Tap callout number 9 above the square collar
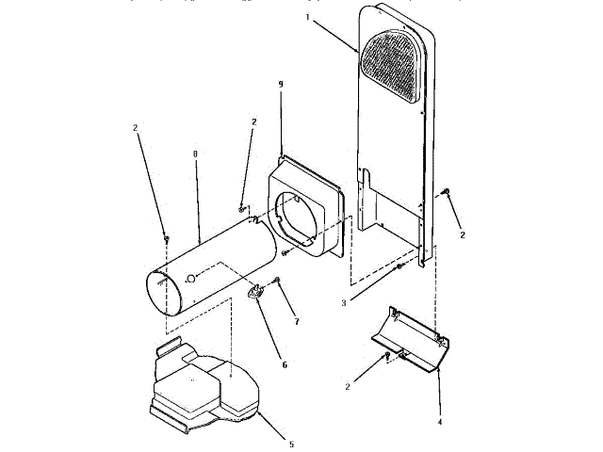[x=280, y=85]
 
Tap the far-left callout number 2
[x=138, y=127]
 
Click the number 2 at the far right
[x=462, y=236]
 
